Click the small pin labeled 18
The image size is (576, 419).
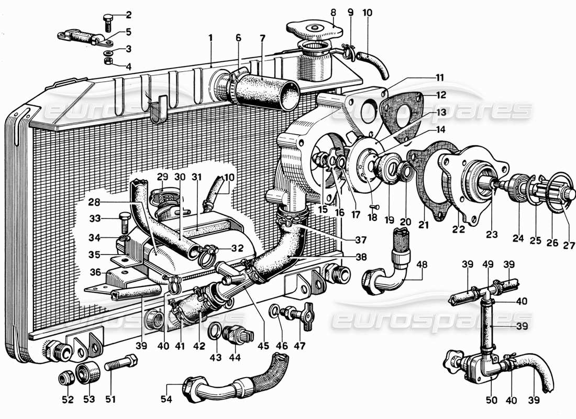[x=373, y=207]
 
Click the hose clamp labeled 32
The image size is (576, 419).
[x=206, y=254]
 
